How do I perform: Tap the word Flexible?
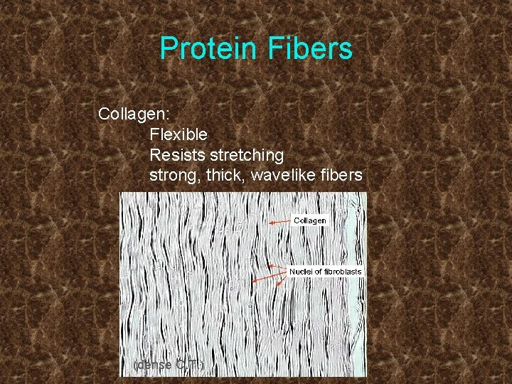(x=178, y=134)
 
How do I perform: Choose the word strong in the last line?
(x=169, y=175)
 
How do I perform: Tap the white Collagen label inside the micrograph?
(x=310, y=220)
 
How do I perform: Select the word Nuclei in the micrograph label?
(x=299, y=272)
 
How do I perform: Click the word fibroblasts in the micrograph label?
(x=341, y=272)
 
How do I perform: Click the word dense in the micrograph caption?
(x=151, y=365)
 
